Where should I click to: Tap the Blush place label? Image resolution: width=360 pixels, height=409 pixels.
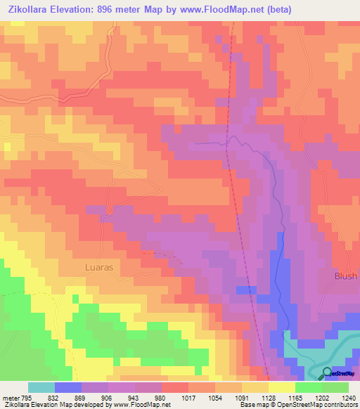click(x=345, y=276)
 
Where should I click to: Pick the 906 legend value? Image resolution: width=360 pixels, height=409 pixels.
click(x=108, y=398)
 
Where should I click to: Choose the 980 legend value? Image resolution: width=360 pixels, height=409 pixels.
click(x=161, y=398)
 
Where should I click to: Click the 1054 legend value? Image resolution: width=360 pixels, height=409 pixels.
click(x=216, y=398)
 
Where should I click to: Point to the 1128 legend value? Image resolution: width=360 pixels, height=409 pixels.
click(x=269, y=398)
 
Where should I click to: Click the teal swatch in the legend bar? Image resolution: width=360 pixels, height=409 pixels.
click(x=41, y=387)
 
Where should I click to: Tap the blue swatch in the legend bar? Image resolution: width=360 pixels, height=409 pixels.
click(x=68, y=387)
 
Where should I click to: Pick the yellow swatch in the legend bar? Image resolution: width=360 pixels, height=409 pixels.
click(x=281, y=387)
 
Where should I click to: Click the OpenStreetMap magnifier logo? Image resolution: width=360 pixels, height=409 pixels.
click(x=327, y=373)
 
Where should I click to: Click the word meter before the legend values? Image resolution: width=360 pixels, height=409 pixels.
click(x=12, y=398)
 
